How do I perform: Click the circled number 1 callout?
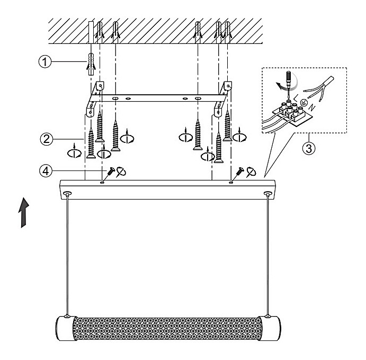(x=45, y=61)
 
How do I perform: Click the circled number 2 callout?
(x=47, y=139)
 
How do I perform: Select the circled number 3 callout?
(x=309, y=148)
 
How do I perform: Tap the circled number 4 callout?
(x=46, y=171)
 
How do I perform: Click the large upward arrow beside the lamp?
(x=24, y=212)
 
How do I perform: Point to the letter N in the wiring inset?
(x=313, y=107)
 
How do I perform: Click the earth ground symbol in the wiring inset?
(x=303, y=102)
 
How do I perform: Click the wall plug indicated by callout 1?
(x=91, y=64)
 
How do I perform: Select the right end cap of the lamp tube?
(x=270, y=328)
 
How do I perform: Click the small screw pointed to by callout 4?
(x=110, y=172)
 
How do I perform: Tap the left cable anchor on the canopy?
(x=68, y=193)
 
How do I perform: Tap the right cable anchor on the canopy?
(x=267, y=193)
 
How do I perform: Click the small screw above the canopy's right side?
(x=240, y=172)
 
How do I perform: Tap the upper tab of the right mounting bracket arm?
(x=228, y=86)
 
